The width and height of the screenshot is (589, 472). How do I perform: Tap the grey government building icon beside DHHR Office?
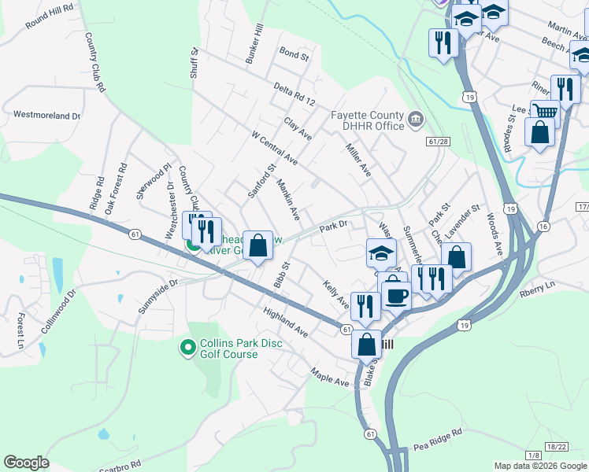click(415, 120)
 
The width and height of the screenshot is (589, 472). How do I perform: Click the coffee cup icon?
click(396, 296)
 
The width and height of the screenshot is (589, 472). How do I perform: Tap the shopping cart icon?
click(543, 112)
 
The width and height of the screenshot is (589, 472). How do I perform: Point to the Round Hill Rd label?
click(49, 15)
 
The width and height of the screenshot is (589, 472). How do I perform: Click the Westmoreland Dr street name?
click(47, 115)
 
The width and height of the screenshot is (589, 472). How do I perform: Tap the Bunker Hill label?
click(257, 44)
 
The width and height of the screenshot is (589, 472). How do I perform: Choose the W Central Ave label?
click(274, 148)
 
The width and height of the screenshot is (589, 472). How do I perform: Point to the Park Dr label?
click(333, 227)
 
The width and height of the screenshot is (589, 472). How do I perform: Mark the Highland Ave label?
click(286, 323)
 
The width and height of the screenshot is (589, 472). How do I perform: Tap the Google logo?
click(27, 462)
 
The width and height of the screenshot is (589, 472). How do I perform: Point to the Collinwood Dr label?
click(57, 311)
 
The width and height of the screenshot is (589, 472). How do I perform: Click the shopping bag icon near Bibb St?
click(257, 245)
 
